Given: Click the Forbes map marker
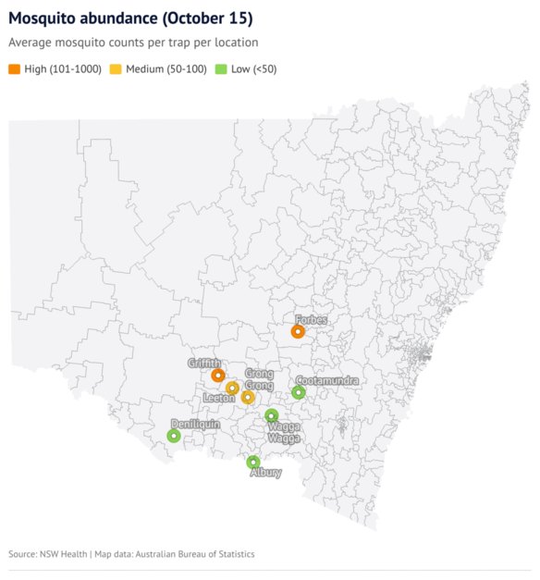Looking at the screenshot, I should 298,331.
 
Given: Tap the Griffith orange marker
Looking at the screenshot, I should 218,376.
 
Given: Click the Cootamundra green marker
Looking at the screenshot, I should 299,392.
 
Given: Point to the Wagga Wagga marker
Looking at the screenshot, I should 272,415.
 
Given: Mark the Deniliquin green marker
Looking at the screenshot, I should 173,436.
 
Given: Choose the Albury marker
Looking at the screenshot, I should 253,462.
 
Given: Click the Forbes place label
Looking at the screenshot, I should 312,320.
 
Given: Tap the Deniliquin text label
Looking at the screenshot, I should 195,424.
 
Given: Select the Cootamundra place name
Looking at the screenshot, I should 326,381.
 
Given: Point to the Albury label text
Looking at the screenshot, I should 266,473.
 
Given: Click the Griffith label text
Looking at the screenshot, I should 204,363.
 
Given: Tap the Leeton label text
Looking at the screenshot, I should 219,398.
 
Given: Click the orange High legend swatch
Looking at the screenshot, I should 14,69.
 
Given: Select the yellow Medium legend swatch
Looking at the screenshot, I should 116,69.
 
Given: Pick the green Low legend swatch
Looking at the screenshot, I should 220,69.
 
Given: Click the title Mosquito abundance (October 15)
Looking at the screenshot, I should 130,19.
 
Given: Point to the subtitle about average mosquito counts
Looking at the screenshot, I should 133,43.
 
